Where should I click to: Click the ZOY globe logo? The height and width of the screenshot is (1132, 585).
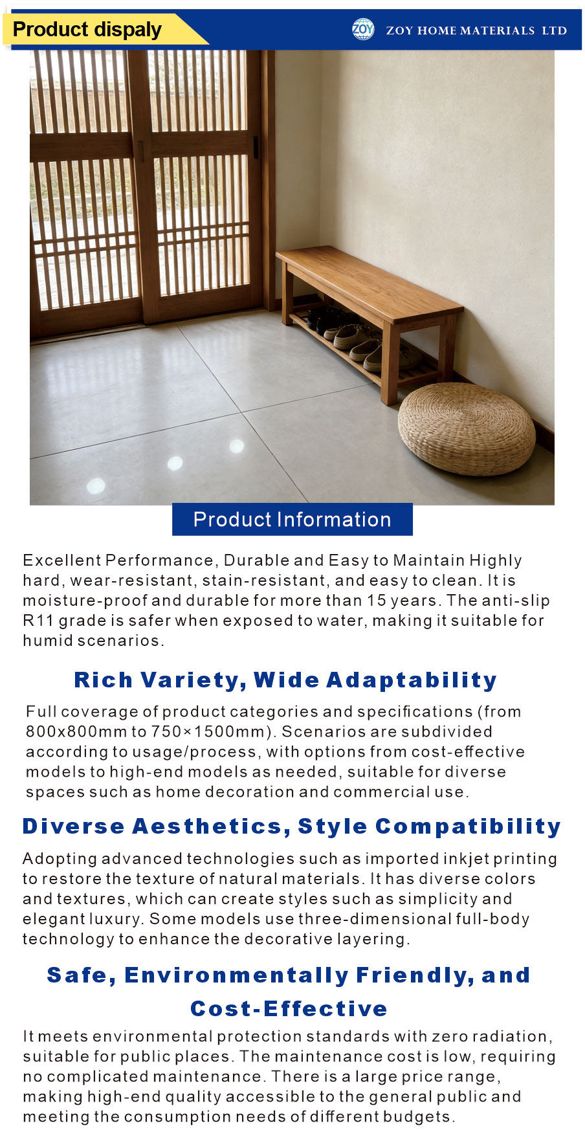(x=363, y=29)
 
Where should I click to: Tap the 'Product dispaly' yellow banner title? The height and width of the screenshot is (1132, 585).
(x=87, y=30)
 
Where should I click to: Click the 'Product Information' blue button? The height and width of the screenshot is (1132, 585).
(x=292, y=519)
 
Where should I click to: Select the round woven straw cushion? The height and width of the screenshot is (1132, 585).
(x=466, y=428)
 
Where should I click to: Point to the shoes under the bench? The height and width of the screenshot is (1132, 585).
(x=360, y=336)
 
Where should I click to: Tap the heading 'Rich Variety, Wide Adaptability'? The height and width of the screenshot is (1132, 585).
(x=285, y=680)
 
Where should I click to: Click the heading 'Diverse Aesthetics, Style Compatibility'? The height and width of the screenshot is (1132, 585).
(x=292, y=826)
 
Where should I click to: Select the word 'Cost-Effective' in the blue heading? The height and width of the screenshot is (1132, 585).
(x=289, y=1008)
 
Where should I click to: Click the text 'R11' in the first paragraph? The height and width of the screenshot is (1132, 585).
(x=38, y=621)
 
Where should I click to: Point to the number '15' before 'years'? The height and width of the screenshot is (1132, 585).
(x=377, y=601)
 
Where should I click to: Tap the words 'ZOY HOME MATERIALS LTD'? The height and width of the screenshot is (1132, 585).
(x=476, y=30)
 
